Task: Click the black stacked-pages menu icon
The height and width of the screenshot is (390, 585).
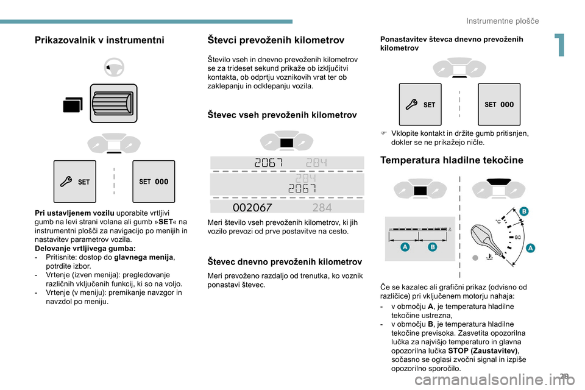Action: pyautogui.click(x=73, y=105)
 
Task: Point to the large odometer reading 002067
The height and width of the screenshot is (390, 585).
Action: pyautogui.click(x=253, y=207)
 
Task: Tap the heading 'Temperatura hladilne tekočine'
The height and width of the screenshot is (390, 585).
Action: pyautogui.click(x=452, y=160)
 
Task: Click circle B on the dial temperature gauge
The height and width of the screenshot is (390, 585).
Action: pyautogui.click(x=524, y=211)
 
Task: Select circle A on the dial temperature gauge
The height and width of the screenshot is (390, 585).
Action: pyautogui.click(x=530, y=247)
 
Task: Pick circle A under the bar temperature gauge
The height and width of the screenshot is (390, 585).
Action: pyautogui.click(x=405, y=247)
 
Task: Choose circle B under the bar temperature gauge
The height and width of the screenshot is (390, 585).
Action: pyautogui.click(x=432, y=247)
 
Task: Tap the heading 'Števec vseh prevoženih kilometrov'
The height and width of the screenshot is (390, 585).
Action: pyautogui.click(x=282, y=115)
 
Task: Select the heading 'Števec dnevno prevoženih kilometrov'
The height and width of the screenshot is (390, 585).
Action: pyautogui.click(x=285, y=261)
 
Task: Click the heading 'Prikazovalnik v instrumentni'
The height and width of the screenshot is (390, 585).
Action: pyautogui.click(x=99, y=40)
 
